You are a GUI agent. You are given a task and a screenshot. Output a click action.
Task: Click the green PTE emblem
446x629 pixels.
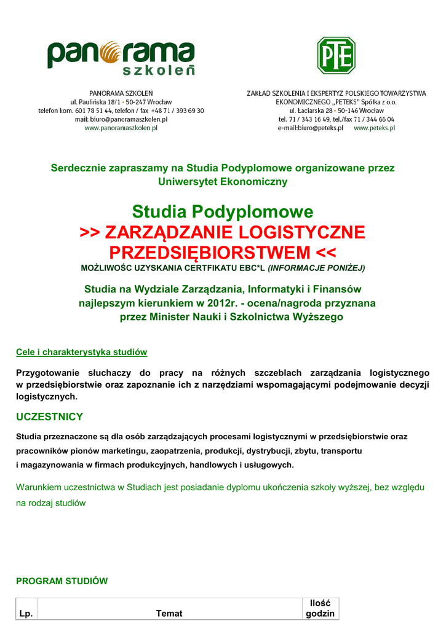point(336,56)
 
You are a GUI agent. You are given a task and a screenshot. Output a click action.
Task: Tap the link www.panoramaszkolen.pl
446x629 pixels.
point(121,128)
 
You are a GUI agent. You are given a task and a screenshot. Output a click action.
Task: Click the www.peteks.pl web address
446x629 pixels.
point(374,128)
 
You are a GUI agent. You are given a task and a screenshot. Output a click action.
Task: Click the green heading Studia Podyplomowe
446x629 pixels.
point(223,213)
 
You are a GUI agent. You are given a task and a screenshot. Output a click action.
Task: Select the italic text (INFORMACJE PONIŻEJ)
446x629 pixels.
point(316,268)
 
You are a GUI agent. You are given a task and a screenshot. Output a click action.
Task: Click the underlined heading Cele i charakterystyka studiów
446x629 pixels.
point(81,353)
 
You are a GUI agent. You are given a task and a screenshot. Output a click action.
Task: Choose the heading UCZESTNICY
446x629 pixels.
point(49,417)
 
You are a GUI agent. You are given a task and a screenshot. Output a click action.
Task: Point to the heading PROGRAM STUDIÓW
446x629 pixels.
point(62,580)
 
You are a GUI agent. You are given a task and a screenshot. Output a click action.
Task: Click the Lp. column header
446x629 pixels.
point(26,614)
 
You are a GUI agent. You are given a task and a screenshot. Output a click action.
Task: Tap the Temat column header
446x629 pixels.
point(169,614)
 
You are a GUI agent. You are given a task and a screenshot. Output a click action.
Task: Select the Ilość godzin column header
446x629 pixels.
point(320,608)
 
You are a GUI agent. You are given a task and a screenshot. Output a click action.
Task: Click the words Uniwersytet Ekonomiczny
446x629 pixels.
point(223,182)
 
